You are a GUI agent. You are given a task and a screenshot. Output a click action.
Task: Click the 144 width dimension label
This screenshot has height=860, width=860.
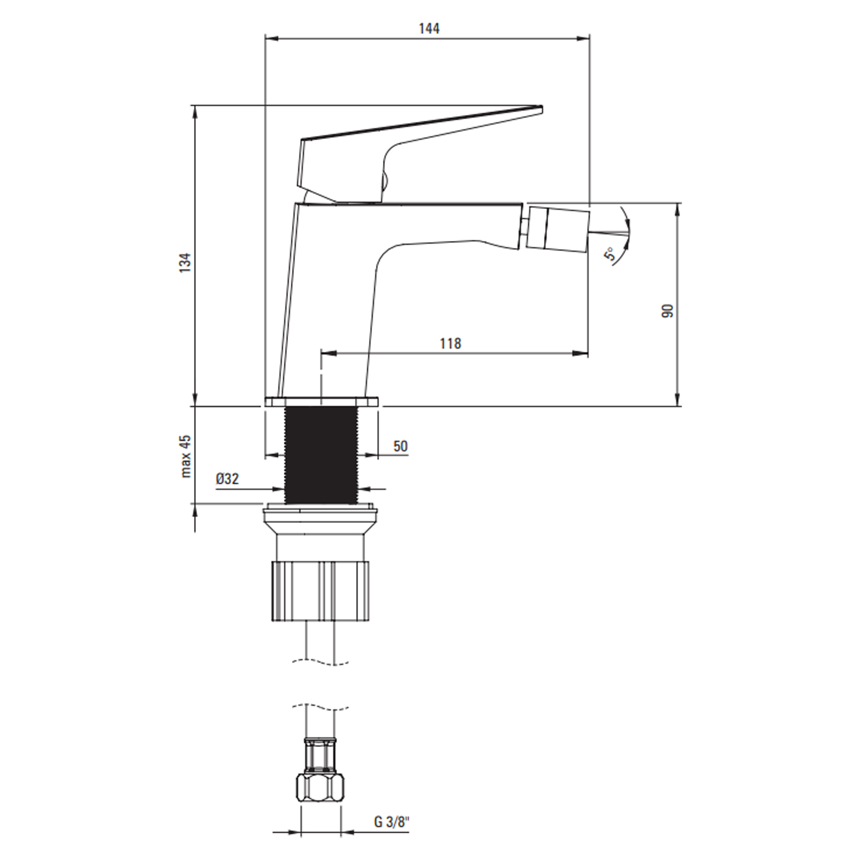(x=429, y=28)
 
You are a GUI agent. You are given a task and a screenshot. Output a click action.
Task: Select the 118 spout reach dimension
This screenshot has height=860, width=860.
(x=451, y=343)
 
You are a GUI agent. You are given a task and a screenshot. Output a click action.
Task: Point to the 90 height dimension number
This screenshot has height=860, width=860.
(x=667, y=311)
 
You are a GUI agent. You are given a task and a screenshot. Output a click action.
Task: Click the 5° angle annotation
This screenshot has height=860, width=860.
(x=609, y=254)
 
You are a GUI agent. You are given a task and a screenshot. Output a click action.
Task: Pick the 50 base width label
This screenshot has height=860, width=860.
(x=400, y=446)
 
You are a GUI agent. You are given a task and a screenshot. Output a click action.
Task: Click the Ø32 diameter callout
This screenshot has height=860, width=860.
(x=227, y=479)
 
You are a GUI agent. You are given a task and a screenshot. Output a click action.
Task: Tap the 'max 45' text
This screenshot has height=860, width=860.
(x=185, y=456)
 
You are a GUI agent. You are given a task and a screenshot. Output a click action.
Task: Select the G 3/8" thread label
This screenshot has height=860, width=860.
(x=391, y=822)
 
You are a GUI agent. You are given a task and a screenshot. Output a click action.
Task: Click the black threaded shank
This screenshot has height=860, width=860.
(x=321, y=455)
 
